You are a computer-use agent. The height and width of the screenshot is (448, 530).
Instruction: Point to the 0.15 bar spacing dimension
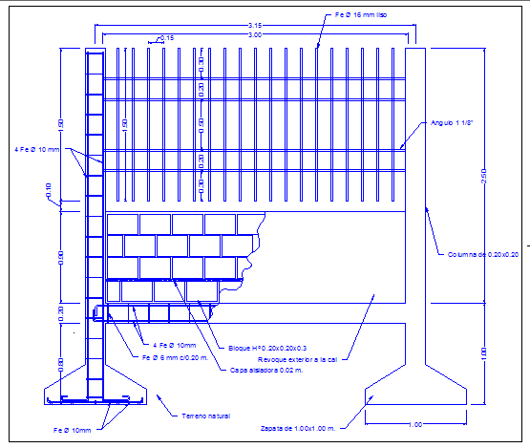point(166,37)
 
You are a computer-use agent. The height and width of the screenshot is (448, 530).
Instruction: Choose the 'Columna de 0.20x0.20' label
point(482,254)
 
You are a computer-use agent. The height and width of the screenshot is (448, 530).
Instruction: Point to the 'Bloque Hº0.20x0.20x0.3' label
point(266,347)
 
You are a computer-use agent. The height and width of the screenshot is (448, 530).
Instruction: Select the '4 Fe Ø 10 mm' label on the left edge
point(37,150)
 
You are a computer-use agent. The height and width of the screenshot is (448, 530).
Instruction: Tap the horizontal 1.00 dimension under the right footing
point(415,424)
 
